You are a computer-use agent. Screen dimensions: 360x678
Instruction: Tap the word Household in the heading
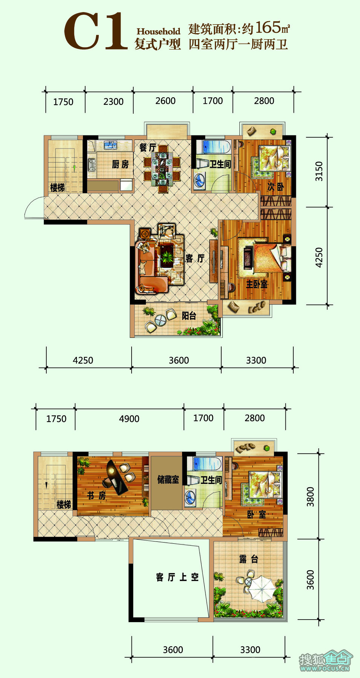coord(158,31)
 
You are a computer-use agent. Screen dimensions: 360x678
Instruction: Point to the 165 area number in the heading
coord(268,27)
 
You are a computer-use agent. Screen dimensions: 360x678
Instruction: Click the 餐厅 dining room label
coord(148,147)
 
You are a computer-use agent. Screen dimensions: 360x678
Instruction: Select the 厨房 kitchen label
coord(120,164)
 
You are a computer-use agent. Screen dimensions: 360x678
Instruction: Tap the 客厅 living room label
coord(195,258)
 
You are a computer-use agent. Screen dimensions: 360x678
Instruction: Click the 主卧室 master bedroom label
coord(257,284)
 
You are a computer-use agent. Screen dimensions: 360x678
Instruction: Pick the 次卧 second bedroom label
coord(275,187)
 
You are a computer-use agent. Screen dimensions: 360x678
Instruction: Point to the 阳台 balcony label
coord(189,316)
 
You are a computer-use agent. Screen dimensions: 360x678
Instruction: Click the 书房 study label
coord(97,495)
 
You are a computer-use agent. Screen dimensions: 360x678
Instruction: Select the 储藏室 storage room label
coord(168,479)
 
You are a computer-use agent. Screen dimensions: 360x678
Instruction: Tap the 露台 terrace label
coord(249,559)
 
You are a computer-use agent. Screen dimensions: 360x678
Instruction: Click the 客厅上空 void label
coord(177,577)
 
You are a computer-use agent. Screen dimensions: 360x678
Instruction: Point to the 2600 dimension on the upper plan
coord(165,101)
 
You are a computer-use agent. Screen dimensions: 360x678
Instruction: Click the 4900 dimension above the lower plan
coord(129,419)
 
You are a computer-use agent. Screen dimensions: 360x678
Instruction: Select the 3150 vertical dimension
coord(319,171)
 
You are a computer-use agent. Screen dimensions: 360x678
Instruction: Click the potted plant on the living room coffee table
coord(167,257)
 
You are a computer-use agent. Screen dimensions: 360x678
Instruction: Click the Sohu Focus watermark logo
coord(325,660)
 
